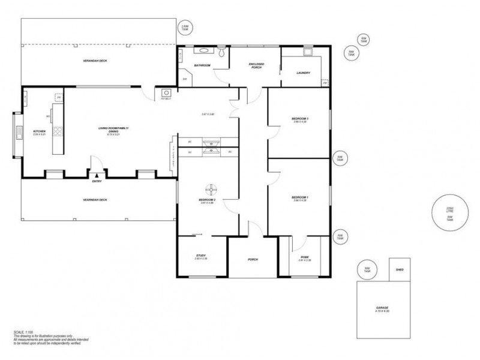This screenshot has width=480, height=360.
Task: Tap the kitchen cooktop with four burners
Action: click(59, 132)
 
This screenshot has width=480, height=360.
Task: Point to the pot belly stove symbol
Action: click(166, 94)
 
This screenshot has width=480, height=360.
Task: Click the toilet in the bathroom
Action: click(223, 54)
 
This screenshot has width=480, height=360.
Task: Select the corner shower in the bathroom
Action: click(185, 77)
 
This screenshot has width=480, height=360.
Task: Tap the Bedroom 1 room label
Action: click(299, 197)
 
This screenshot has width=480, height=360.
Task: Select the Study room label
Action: click(201, 257)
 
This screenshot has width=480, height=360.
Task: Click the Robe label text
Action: click(304, 257)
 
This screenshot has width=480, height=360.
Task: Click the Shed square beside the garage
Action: click(400, 269)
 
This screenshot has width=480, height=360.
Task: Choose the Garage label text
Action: click(382, 308)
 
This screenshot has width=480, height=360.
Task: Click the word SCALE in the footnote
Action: click(19, 332)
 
